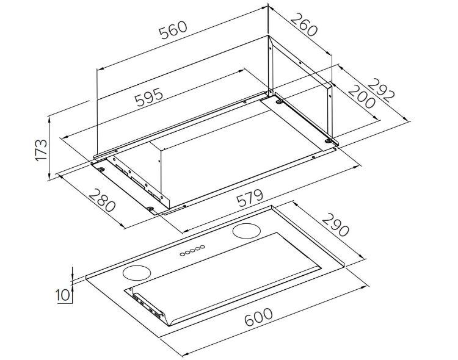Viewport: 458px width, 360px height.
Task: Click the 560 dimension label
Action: point(173,29)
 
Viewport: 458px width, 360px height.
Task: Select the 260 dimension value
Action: point(304,24)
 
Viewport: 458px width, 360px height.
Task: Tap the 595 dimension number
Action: point(148,96)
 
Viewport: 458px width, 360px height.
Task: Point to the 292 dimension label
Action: point(381,90)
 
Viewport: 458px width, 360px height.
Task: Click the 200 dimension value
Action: point(362,96)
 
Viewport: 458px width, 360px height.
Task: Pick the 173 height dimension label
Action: point(41,150)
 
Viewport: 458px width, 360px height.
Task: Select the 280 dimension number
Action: point(102,200)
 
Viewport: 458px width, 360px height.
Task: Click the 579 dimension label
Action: point(250,198)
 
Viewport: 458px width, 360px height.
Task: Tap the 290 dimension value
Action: point(335,225)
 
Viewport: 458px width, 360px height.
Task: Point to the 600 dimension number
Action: point(259,317)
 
